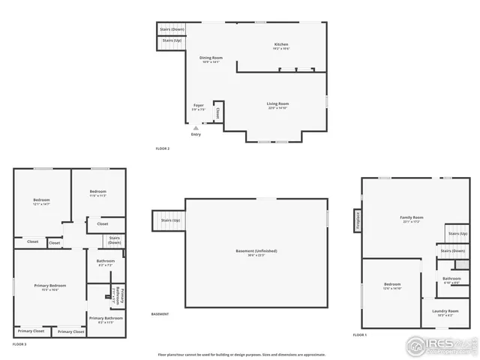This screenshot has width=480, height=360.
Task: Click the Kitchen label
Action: pyautogui.click(x=281, y=45)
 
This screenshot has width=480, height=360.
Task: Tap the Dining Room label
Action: pyautogui.click(x=211, y=58)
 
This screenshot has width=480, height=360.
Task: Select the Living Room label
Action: pyautogui.click(x=277, y=104)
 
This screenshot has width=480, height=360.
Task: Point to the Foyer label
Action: pyautogui.click(x=199, y=105)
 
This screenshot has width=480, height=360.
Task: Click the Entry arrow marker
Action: pyautogui.click(x=196, y=128)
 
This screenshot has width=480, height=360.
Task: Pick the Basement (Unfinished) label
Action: pyautogui.click(x=256, y=250)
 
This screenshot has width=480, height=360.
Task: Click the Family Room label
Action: pyautogui.click(x=412, y=217)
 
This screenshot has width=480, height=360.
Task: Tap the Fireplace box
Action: pyautogui.click(x=357, y=221)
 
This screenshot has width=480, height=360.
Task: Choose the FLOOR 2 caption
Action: pyautogui.click(x=162, y=148)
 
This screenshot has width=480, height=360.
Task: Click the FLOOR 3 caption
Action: pyautogui.click(x=19, y=343)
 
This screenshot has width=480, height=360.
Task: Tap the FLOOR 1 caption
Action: pyautogui.click(x=360, y=334)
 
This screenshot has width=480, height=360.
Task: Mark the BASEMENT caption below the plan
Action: pyautogui.click(x=160, y=313)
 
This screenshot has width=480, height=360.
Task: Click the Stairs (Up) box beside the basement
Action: pyautogui.click(x=169, y=220)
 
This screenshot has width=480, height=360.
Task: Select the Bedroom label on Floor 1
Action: pyautogui.click(x=392, y=285)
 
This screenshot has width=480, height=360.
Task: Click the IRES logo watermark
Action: pyautogui.click(x=440, y=346)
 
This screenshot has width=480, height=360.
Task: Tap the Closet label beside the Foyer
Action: pyautogui.click(x=218, y=112)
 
